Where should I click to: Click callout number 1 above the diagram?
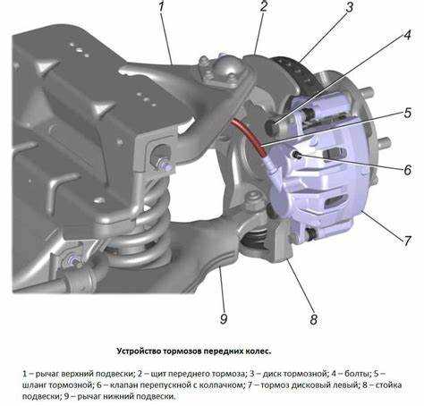(x=161, y=6)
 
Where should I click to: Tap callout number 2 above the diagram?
(x=264, y=6)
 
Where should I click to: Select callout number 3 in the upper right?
(x=350, y=7)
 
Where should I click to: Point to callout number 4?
(x=407, y=35)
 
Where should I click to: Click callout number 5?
(x=408, y=113)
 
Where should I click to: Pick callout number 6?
(x=408, y=170)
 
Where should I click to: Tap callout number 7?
(x=407, y=241)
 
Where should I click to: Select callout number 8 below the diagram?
(x=313, y=319)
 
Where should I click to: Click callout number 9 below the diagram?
(x=224, y=319)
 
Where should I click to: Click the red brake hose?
(x=250, y=136)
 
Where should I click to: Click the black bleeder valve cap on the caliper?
(x=297, y=155)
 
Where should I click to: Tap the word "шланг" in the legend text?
(x=34, y=385)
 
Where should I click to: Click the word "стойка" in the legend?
(x=388, y=385)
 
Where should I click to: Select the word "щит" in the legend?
(x=157, y=374)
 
